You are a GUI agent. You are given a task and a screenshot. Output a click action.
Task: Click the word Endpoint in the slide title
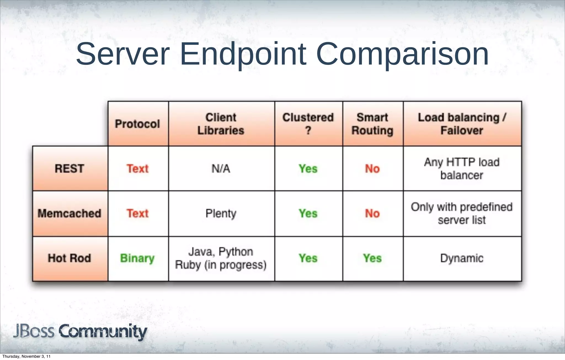tap(243, 54)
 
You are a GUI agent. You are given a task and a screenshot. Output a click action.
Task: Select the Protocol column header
tap(137, 124)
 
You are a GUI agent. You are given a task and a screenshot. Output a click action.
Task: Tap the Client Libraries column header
tap(221, 124)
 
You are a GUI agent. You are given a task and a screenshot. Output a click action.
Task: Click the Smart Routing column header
tap(372, 124)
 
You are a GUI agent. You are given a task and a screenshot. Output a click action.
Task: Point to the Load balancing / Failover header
tap(462, 124)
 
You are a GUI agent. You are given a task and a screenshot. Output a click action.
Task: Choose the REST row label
tap(70, 169)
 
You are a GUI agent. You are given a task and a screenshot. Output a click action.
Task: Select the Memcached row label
tap(70, 213)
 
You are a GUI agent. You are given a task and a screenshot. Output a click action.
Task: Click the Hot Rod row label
tap(70, 258)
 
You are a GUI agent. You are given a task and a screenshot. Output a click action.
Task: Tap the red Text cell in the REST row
tap(137, 169)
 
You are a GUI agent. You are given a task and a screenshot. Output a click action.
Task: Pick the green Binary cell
tap(137, 258)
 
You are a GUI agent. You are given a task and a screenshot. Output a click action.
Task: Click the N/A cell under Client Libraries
tap(221, 169)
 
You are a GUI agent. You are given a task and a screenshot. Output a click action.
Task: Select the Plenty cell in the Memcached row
tap(221, 213)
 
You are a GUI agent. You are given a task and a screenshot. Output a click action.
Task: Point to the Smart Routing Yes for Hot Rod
tap(372, 258)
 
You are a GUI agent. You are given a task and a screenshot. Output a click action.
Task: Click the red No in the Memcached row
tap(372, 213)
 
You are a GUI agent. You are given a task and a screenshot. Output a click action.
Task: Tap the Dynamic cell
tap(462, 258)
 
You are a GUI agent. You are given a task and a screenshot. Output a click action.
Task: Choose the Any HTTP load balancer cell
tap(462, 169)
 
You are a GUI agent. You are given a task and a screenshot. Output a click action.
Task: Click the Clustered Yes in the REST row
tap(308, 169)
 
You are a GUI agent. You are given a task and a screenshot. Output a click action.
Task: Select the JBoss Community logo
tap(80, 331)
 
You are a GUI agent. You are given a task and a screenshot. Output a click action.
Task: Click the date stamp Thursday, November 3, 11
tap(26, 356)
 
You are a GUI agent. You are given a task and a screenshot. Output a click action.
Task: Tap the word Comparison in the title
tap(402, 54)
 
